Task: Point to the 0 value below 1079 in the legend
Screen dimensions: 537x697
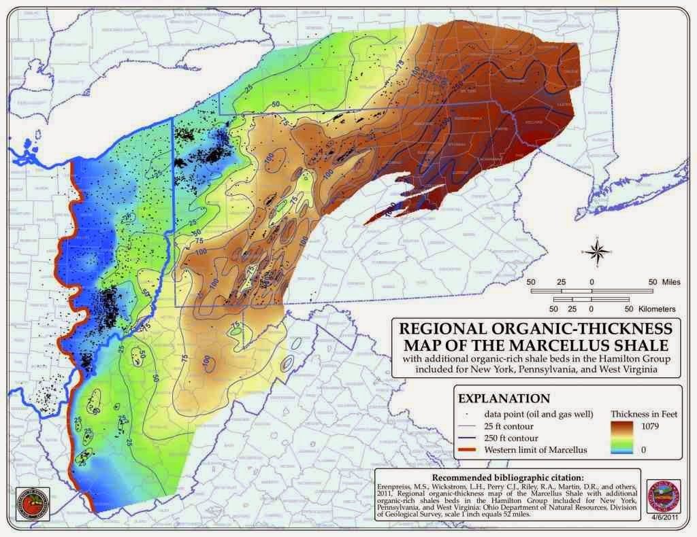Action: [660, 450]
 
